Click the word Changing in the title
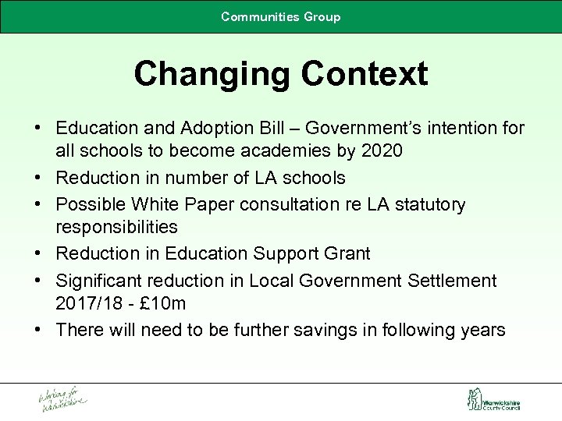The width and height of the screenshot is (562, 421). coord(207,74)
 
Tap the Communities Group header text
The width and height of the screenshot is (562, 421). coord(281,16)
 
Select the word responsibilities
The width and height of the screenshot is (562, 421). coord(116,228)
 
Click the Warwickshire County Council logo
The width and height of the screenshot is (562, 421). coord(493,401)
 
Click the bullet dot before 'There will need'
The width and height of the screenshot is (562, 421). coord(38,329)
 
